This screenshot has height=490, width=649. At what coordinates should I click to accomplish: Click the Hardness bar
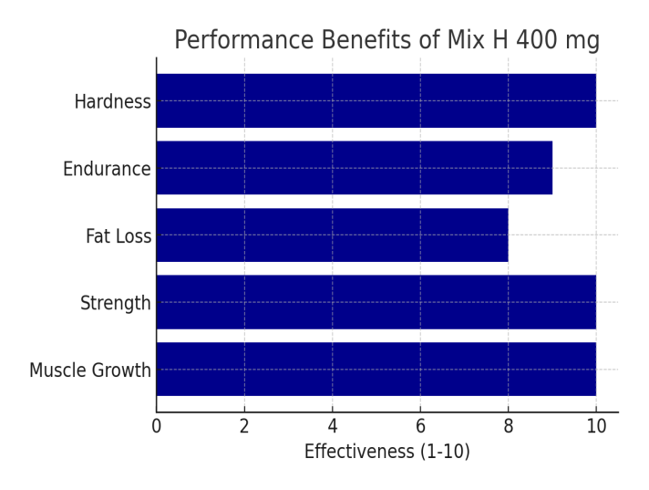[376, 100]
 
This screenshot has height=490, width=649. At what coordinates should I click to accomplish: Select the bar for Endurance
[355, 168]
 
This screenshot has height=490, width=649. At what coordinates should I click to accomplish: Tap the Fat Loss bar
[333, 235]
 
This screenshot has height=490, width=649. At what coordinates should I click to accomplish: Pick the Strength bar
[376, 302]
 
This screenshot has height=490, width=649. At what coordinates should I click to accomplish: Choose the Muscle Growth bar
[376, 369]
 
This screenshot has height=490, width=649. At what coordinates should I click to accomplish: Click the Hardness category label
[113, 101]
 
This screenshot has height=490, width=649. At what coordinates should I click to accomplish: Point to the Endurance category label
[107, 169]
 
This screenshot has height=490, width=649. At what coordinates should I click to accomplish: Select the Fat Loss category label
[118, 236]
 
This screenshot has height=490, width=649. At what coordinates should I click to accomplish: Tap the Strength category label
[116, 304]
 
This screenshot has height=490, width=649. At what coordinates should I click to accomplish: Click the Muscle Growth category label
[90, 370]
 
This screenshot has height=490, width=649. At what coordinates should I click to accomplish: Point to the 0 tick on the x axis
[157, 426]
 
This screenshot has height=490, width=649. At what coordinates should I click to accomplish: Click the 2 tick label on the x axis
[244, 426]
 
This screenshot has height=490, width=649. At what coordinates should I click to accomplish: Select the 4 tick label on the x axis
[333, 426]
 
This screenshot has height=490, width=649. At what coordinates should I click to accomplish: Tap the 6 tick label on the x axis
[420, 426]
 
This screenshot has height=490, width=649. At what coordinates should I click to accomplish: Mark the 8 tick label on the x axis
[509, 426]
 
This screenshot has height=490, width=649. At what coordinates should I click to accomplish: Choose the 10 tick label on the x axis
[596, 426]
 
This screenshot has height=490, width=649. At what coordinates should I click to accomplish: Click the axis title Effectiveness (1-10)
[387, 452]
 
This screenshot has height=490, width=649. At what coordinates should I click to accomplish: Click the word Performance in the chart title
[244, 40]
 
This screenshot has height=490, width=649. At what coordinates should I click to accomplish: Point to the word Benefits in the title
[366, 40]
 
